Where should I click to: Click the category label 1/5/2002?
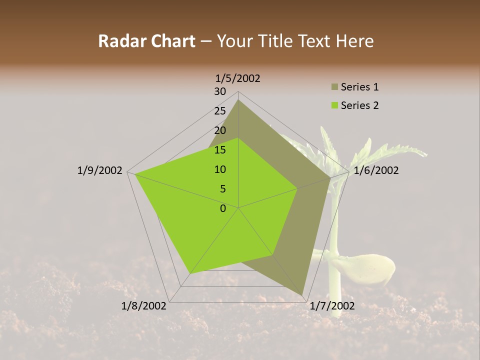click(x=238, y=78)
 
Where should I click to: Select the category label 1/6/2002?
click(x=376, y=170)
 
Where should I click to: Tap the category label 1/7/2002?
click(x=332, y=305)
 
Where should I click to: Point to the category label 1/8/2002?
click(x=144, y=305)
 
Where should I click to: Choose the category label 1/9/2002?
click(x=100, y=170)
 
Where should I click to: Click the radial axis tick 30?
click(x=220, y=91)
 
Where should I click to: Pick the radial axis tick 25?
click(x=220, y=111)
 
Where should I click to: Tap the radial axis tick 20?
click(x=220, y=130)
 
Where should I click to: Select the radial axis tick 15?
click(x=220, y=150)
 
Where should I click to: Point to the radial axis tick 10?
click(x=220, y=169)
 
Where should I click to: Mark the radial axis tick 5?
click(x=222, y=189)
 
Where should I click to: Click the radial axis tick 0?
click(x=223, y=208)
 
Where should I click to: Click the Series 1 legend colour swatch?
click(x=334, y=87)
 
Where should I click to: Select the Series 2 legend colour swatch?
click(x=334, y=105)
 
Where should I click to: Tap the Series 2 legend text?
click(x=359, y=105)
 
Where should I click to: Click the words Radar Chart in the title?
click(x=146, y=41)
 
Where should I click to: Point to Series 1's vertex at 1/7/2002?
click(x=302, y=295)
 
